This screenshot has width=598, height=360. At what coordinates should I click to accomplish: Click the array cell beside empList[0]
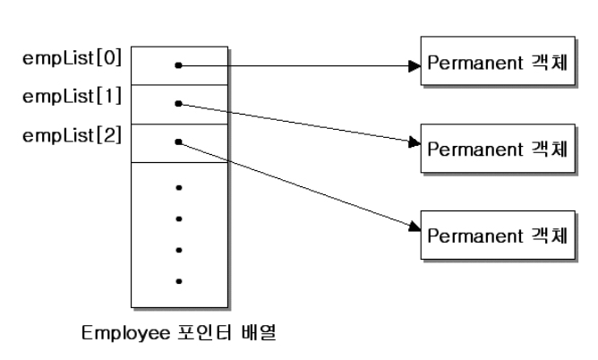coord(178,65)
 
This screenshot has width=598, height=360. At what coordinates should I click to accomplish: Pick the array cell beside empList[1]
coord(178,104)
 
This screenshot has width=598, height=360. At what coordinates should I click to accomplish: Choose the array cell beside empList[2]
coord(178,142)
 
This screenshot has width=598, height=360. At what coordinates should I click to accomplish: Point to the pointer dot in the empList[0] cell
coord(179,65)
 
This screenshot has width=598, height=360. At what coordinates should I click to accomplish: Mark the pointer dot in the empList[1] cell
coord(179,104)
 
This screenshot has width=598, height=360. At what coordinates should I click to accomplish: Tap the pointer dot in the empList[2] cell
coord(179,141)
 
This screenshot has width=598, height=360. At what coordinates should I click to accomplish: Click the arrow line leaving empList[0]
coord(295,65)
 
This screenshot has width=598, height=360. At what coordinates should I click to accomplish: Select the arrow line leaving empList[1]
coord(295,122)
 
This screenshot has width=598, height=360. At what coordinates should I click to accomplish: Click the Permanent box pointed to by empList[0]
coord(496,64)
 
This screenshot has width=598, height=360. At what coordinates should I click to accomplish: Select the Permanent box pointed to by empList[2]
coord(496,234)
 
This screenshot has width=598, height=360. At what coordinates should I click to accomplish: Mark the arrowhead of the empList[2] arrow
coord(415,228)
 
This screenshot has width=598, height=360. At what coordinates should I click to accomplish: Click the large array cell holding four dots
coord(178,233)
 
